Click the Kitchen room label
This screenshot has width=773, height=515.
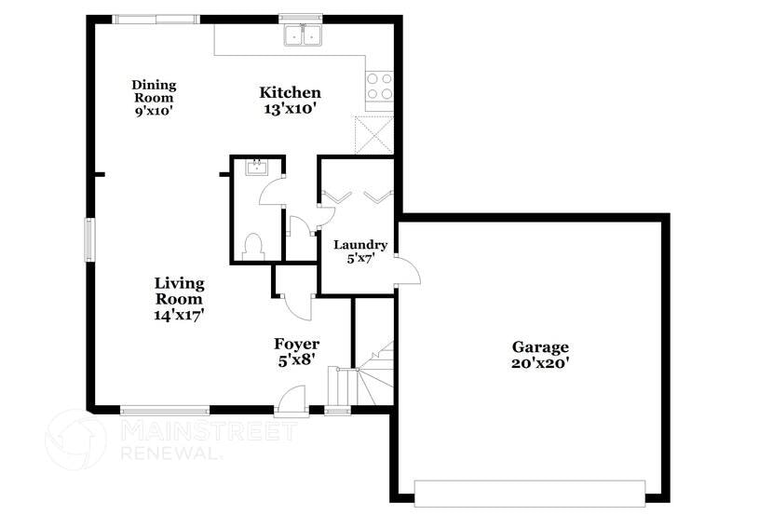[x=290, y=92]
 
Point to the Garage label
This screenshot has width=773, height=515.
[x=539, y=347]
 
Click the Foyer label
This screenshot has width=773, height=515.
[x=296, y=345]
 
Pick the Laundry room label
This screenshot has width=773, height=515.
[x=360, y=245]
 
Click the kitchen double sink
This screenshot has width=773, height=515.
[x=302, y=36]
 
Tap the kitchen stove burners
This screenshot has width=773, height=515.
[x=379, y=87]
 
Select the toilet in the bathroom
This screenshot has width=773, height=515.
[x=252, y=246]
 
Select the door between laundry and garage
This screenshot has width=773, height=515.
[x=407, y=270]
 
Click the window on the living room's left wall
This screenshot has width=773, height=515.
[x=91, y=239]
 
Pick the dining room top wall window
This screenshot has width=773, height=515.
[x=156, y=19]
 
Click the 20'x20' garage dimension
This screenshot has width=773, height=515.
[x=540, y=363]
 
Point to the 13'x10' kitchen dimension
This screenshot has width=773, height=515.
[x=290, y=108]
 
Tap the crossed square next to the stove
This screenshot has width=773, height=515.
[x=375, y=134]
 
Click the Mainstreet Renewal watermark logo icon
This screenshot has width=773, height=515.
[x=76, y=440]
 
